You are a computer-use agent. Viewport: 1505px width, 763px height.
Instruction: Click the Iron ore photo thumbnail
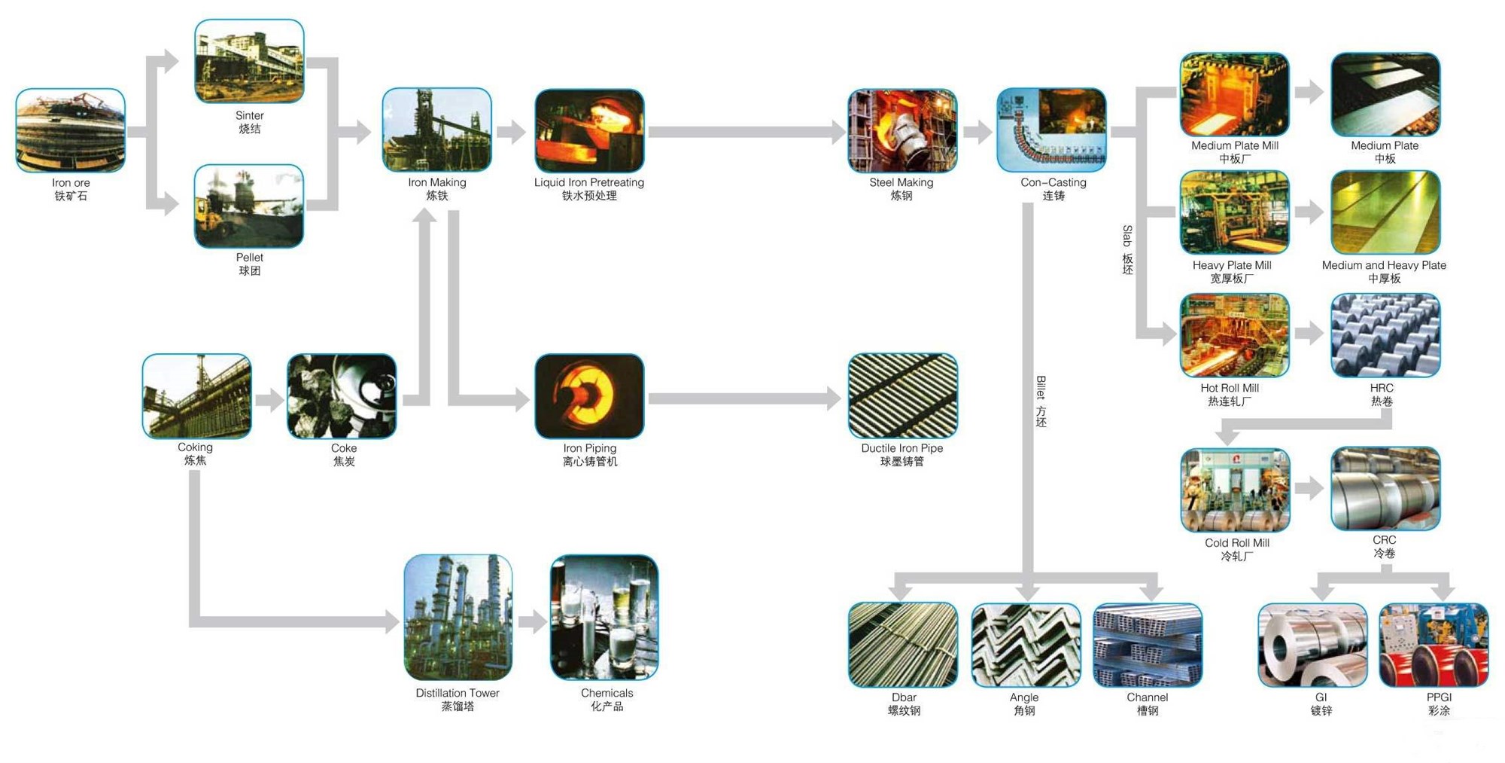(71, 130)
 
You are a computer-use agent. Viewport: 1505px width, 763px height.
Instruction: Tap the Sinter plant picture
(249, 61)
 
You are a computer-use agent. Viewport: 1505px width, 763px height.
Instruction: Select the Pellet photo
(249, 206)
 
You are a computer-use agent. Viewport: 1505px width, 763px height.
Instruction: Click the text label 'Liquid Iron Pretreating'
(589, 182)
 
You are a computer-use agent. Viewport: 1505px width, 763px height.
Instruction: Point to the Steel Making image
(902, 130)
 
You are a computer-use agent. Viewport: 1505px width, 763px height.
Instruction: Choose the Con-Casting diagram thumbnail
(1052, 130)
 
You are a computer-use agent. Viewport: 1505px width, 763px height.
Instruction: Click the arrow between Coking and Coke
(269, 399)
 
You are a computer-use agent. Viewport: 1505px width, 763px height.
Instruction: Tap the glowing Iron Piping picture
(589, 396)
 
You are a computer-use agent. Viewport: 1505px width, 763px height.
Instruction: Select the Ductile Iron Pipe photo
(902, 396)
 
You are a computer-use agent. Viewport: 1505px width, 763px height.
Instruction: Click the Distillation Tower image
(458, 618)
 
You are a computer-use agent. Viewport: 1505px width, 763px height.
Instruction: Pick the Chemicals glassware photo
(604, 618)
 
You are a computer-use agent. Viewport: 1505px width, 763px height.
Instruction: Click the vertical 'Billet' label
(1041, 387)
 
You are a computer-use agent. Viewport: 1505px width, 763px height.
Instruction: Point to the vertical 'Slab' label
(1127, 236)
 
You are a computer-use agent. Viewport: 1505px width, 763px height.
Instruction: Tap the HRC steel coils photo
(1385, 335)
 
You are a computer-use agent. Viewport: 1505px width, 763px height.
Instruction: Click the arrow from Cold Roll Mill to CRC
(1309, 488)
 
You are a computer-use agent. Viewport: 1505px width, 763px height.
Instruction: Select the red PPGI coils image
(1434, 645)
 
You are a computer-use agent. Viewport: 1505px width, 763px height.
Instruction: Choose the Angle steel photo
(1026, 645)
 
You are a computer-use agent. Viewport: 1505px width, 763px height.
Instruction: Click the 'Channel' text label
(1148, 697)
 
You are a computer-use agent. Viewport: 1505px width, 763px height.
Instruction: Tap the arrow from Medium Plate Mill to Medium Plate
(1309, 92)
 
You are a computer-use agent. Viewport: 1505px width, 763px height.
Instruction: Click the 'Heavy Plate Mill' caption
(1232, 265)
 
